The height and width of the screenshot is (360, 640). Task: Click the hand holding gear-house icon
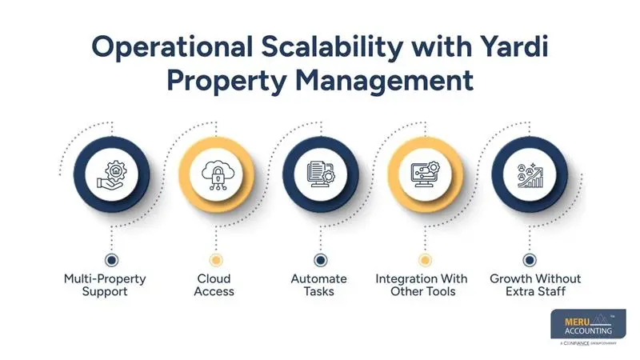(112, 174)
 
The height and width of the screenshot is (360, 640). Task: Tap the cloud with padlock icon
(216, 174)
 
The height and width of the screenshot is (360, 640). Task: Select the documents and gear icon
(320, 174)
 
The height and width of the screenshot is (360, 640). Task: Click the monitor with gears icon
(425, 174)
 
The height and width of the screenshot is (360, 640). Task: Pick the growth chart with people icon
(529, 174)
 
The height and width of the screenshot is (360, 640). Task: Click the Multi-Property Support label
(112, 285)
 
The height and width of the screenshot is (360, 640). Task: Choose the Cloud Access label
(215, 285)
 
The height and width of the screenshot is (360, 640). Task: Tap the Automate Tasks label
(319, 285)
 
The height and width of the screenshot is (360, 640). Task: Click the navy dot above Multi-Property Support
(112, 260)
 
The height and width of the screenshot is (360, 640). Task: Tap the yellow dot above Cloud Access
(216, 260)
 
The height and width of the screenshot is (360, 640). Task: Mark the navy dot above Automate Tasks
(320, 260)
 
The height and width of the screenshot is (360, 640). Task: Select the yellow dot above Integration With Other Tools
(425, 260)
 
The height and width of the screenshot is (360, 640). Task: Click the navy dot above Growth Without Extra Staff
(529, 260)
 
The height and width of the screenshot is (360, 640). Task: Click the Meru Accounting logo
(588, 327)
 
